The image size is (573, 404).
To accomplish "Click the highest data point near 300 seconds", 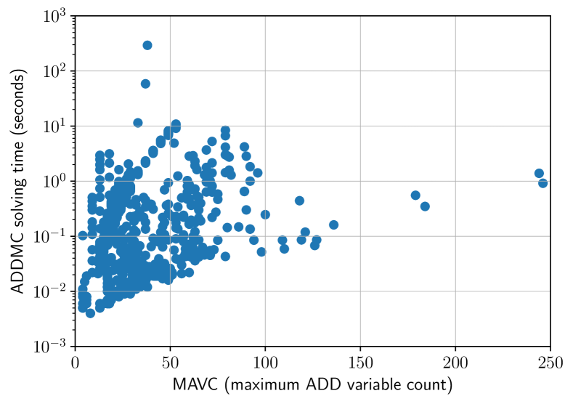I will tap(147, 45).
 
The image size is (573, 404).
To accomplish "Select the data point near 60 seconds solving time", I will tap(145, 84).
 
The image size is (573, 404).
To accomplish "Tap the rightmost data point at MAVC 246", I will tap(542, 183).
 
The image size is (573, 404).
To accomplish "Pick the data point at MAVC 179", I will tap(415, 195).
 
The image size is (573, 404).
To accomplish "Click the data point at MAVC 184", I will tap(425, 206).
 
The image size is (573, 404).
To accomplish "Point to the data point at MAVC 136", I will tap(333, 225).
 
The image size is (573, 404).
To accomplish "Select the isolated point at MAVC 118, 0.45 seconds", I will tap(299, 201).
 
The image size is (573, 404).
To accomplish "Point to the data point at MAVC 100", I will tap(265, 214).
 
